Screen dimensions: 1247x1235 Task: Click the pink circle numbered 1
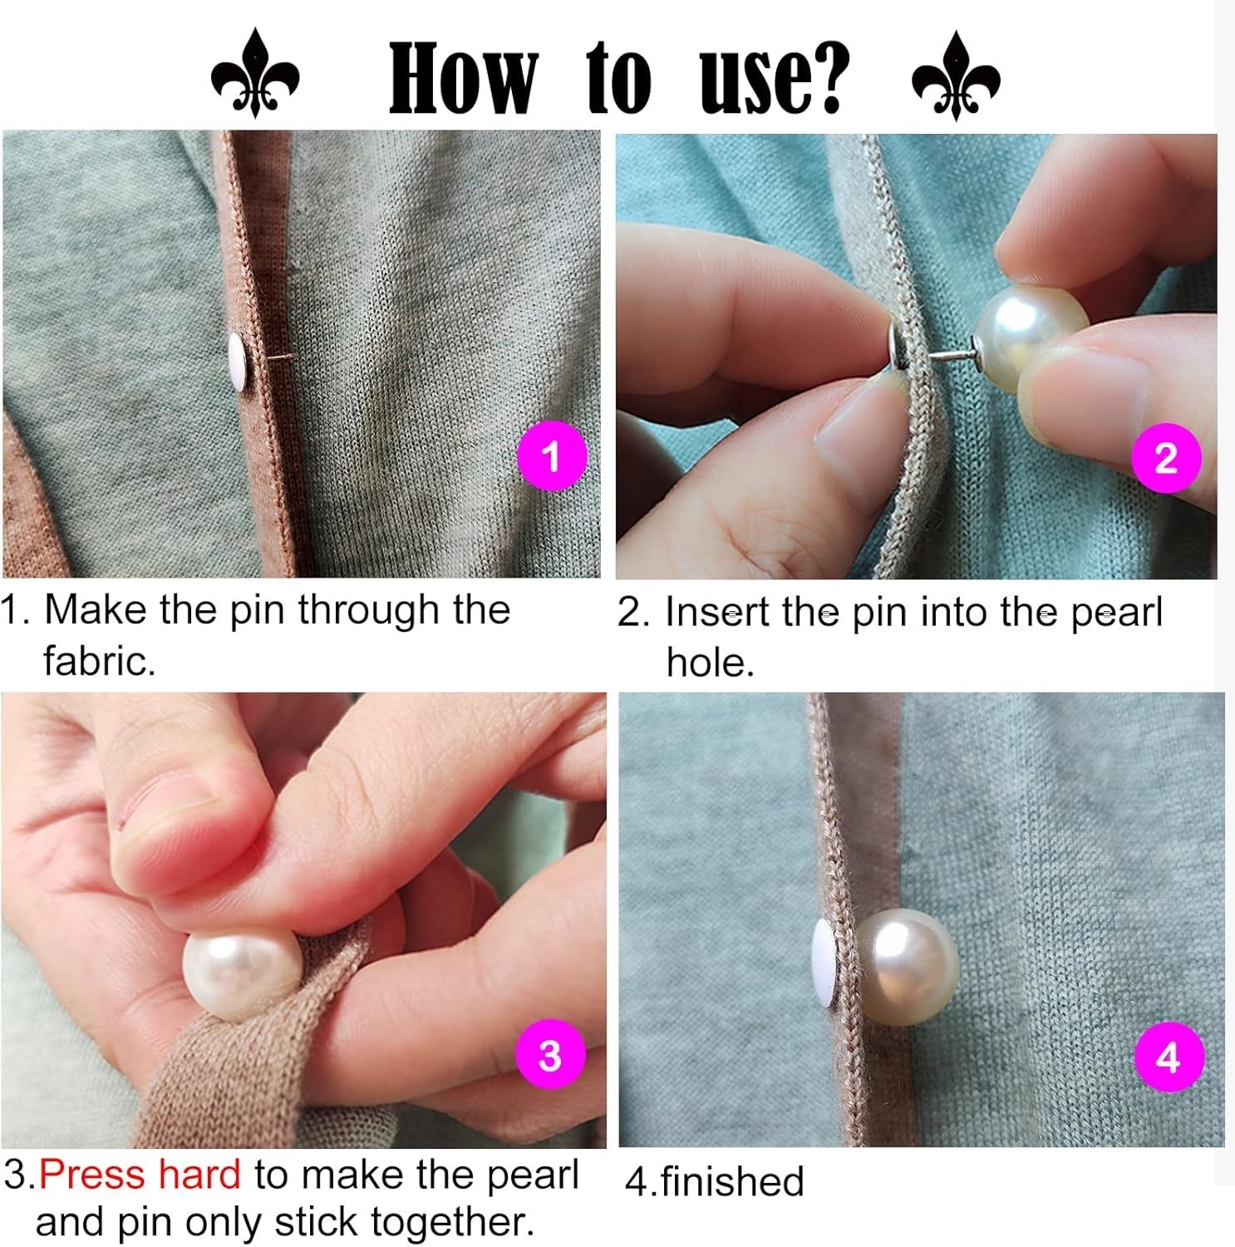[551, 456]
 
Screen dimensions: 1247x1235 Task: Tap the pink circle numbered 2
[1166, 458]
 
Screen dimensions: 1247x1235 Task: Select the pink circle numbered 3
[550, 1055]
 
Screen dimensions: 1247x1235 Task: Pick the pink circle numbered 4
[1169, 1057]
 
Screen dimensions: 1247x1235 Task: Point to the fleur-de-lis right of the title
[956, 76]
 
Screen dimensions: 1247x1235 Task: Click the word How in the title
[463, 78]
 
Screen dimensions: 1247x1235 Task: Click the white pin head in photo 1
[239, 362]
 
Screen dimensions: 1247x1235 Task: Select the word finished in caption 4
[732, 1181]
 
